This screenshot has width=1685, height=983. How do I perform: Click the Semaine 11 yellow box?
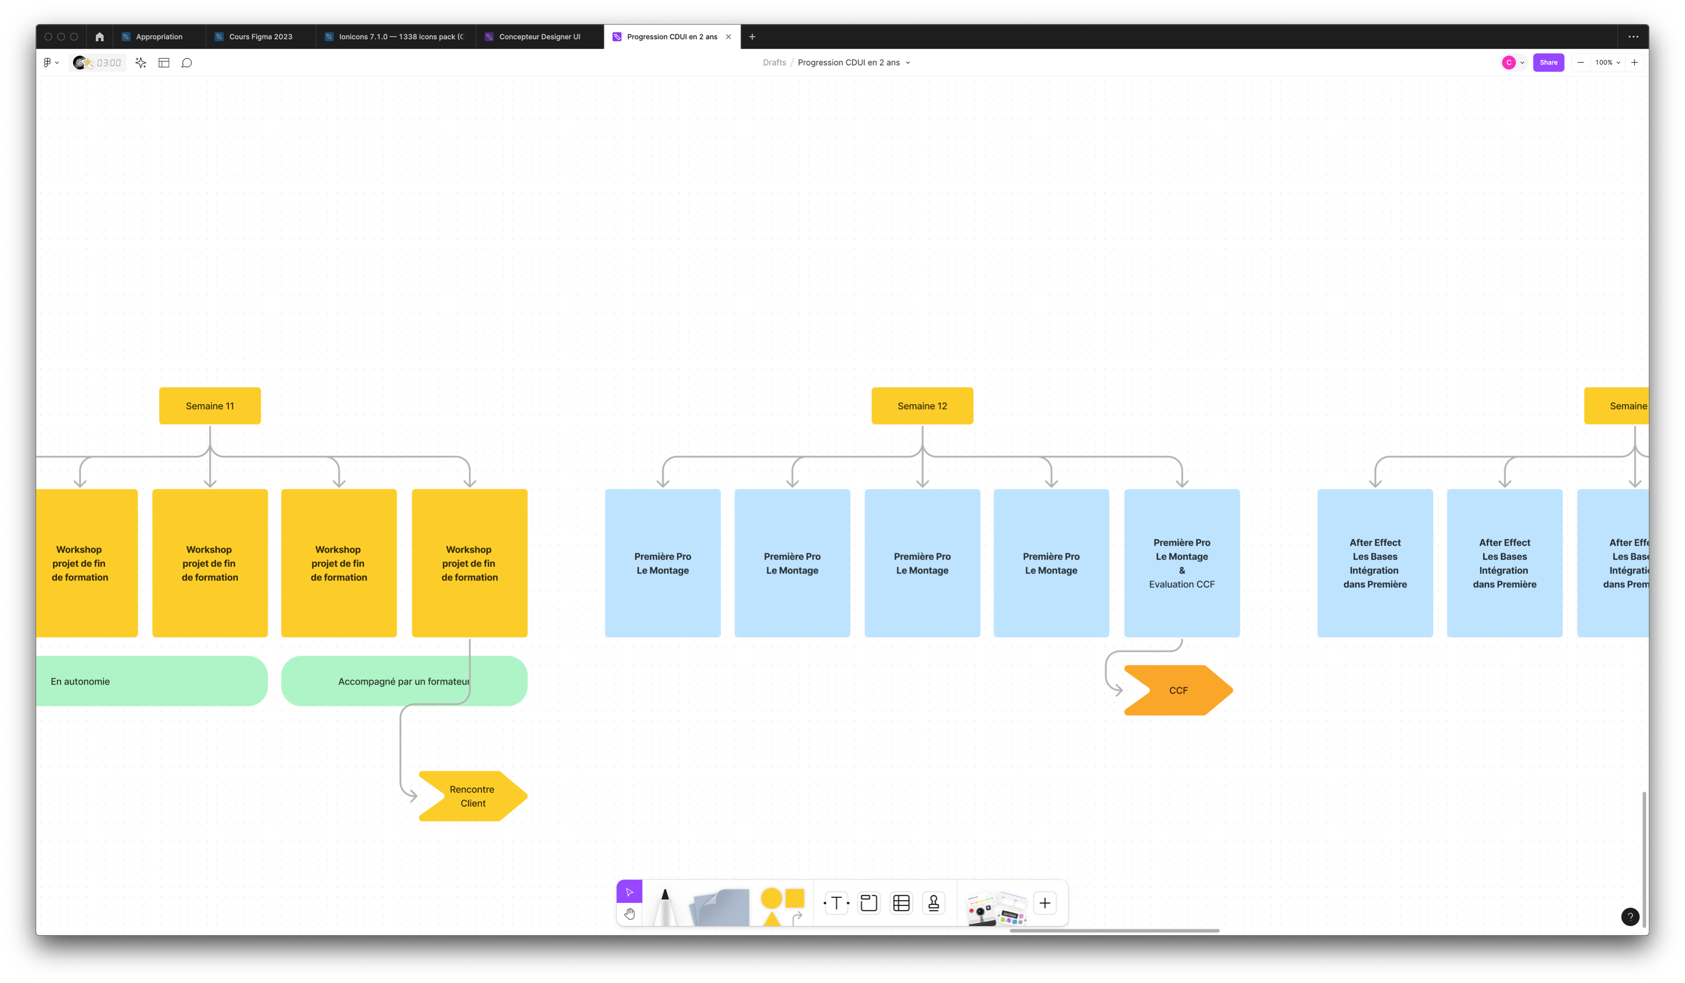(x=210, y=406)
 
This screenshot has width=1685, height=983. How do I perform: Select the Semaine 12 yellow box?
(x=922, y=406)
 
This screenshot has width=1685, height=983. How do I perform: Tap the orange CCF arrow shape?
(x=1178, y=690)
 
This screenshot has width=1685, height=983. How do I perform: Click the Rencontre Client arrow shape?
(x=473, y=796)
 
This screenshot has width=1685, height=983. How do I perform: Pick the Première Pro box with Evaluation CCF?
(x=1181, y=563)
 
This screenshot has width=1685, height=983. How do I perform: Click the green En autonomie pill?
(x=152, y=681)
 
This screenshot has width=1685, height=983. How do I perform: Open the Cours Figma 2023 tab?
(x=260, y=37)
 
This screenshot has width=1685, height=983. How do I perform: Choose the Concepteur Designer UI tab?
(x=539, y=37)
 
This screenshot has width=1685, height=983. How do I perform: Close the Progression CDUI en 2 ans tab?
(x=729, y=37)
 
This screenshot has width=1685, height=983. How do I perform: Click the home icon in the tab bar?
(x=100, y=37)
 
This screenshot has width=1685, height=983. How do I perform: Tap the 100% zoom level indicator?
(x=1607, y=63)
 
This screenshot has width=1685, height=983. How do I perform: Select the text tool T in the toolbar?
(x=836, y=903)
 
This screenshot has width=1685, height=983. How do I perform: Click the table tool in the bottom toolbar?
(x=901, y=903)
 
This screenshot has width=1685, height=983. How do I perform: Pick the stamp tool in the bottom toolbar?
(x=934, y=903)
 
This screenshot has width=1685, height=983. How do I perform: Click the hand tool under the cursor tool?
(x=629, y=914)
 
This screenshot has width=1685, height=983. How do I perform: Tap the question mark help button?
(x=1630, y=917)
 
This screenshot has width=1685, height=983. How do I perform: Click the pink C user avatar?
(x=1509, y=63)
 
